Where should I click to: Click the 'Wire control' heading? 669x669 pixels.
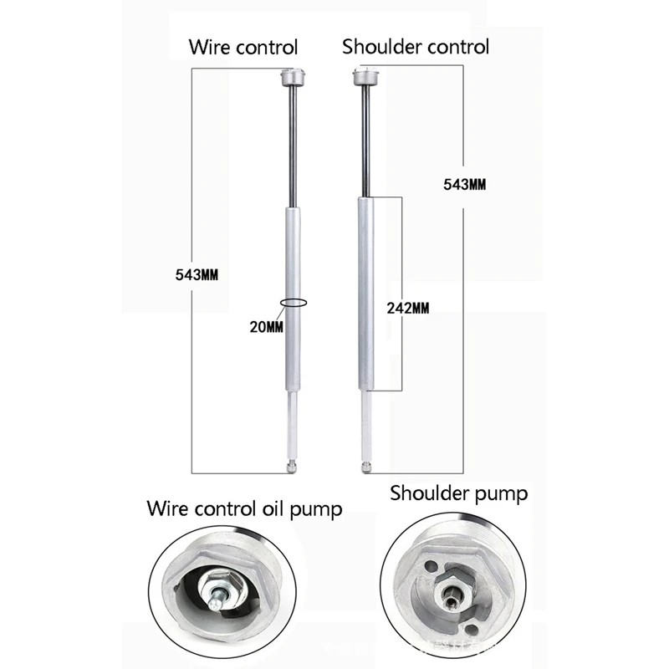click(242, 46)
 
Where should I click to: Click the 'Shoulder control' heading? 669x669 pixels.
click(416, 46)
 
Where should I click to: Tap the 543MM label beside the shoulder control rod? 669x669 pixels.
click(463, 183)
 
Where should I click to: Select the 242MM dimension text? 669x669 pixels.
click(409, 308)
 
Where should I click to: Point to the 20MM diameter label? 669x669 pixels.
click(267, 326)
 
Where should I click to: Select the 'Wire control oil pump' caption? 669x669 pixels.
click(244, 509)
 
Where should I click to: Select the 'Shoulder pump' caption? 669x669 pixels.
click(459, 493)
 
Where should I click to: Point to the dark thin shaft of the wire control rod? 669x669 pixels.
click(292, 151)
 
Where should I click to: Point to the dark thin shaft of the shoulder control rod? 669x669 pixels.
click(365, 142)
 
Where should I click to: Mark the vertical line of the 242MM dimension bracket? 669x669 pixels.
click(405, 251)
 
